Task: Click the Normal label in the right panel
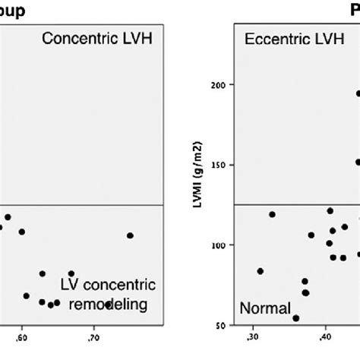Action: click(x=266, y=308)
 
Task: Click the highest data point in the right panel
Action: click(x=358, y=93)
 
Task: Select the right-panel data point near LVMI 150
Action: click(x=358, y=162)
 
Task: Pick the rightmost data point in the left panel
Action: click(x=130, y=235)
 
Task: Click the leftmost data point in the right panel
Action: click(x=260, y=271)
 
